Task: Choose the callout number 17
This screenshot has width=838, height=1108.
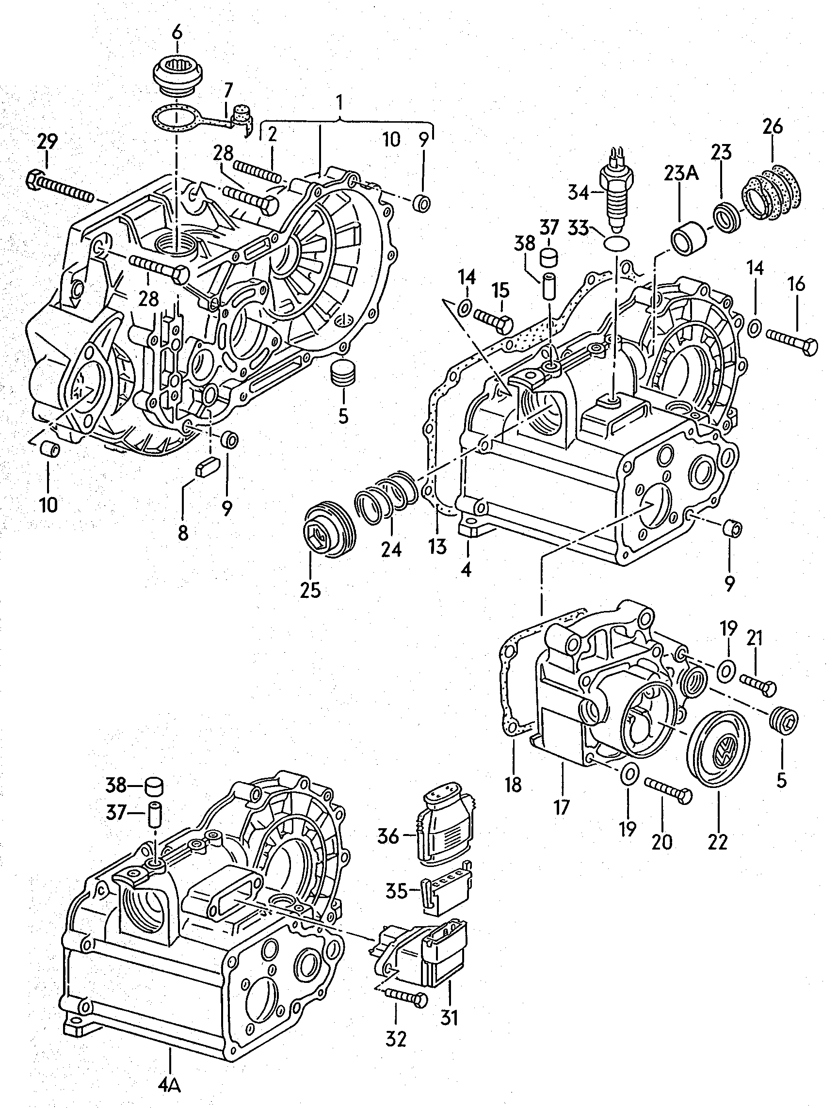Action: coord(562,807)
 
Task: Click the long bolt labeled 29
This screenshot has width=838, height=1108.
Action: coord(59,187)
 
